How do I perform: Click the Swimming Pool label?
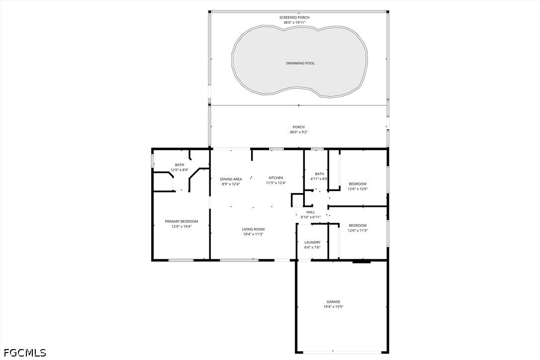[x=300, y=63]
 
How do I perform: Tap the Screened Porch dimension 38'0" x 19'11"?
[x=294, y=22]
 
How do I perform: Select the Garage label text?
[x=333, y=302]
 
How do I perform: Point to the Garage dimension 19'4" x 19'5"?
[x=333, y=307]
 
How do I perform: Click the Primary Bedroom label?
[x=181, y=221]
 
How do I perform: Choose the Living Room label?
[x=253, y=229]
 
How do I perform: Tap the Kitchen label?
[x=276, y=178]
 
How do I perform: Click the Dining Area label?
[x=231, y=179]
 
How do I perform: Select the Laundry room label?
[x=312, y=242]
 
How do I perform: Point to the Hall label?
[x=311, y=212]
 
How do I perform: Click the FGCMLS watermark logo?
[x=25, y=353]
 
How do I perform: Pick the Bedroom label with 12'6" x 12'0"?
[x=358, y=184]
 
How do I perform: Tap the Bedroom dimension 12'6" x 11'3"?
[x=358, y=230]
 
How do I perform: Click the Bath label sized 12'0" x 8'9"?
[x=180, y=165]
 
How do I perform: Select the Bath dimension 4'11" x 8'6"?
[x=319, y=179]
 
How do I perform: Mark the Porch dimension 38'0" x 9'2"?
[x=298, y=132]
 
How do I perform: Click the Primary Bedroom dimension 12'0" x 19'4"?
[x=181, y=227]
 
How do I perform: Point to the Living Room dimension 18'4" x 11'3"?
[x=253, y=234]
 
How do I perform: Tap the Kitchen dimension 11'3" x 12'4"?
[x=276, y=183]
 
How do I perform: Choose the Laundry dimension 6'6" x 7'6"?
[x=312, y=247]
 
